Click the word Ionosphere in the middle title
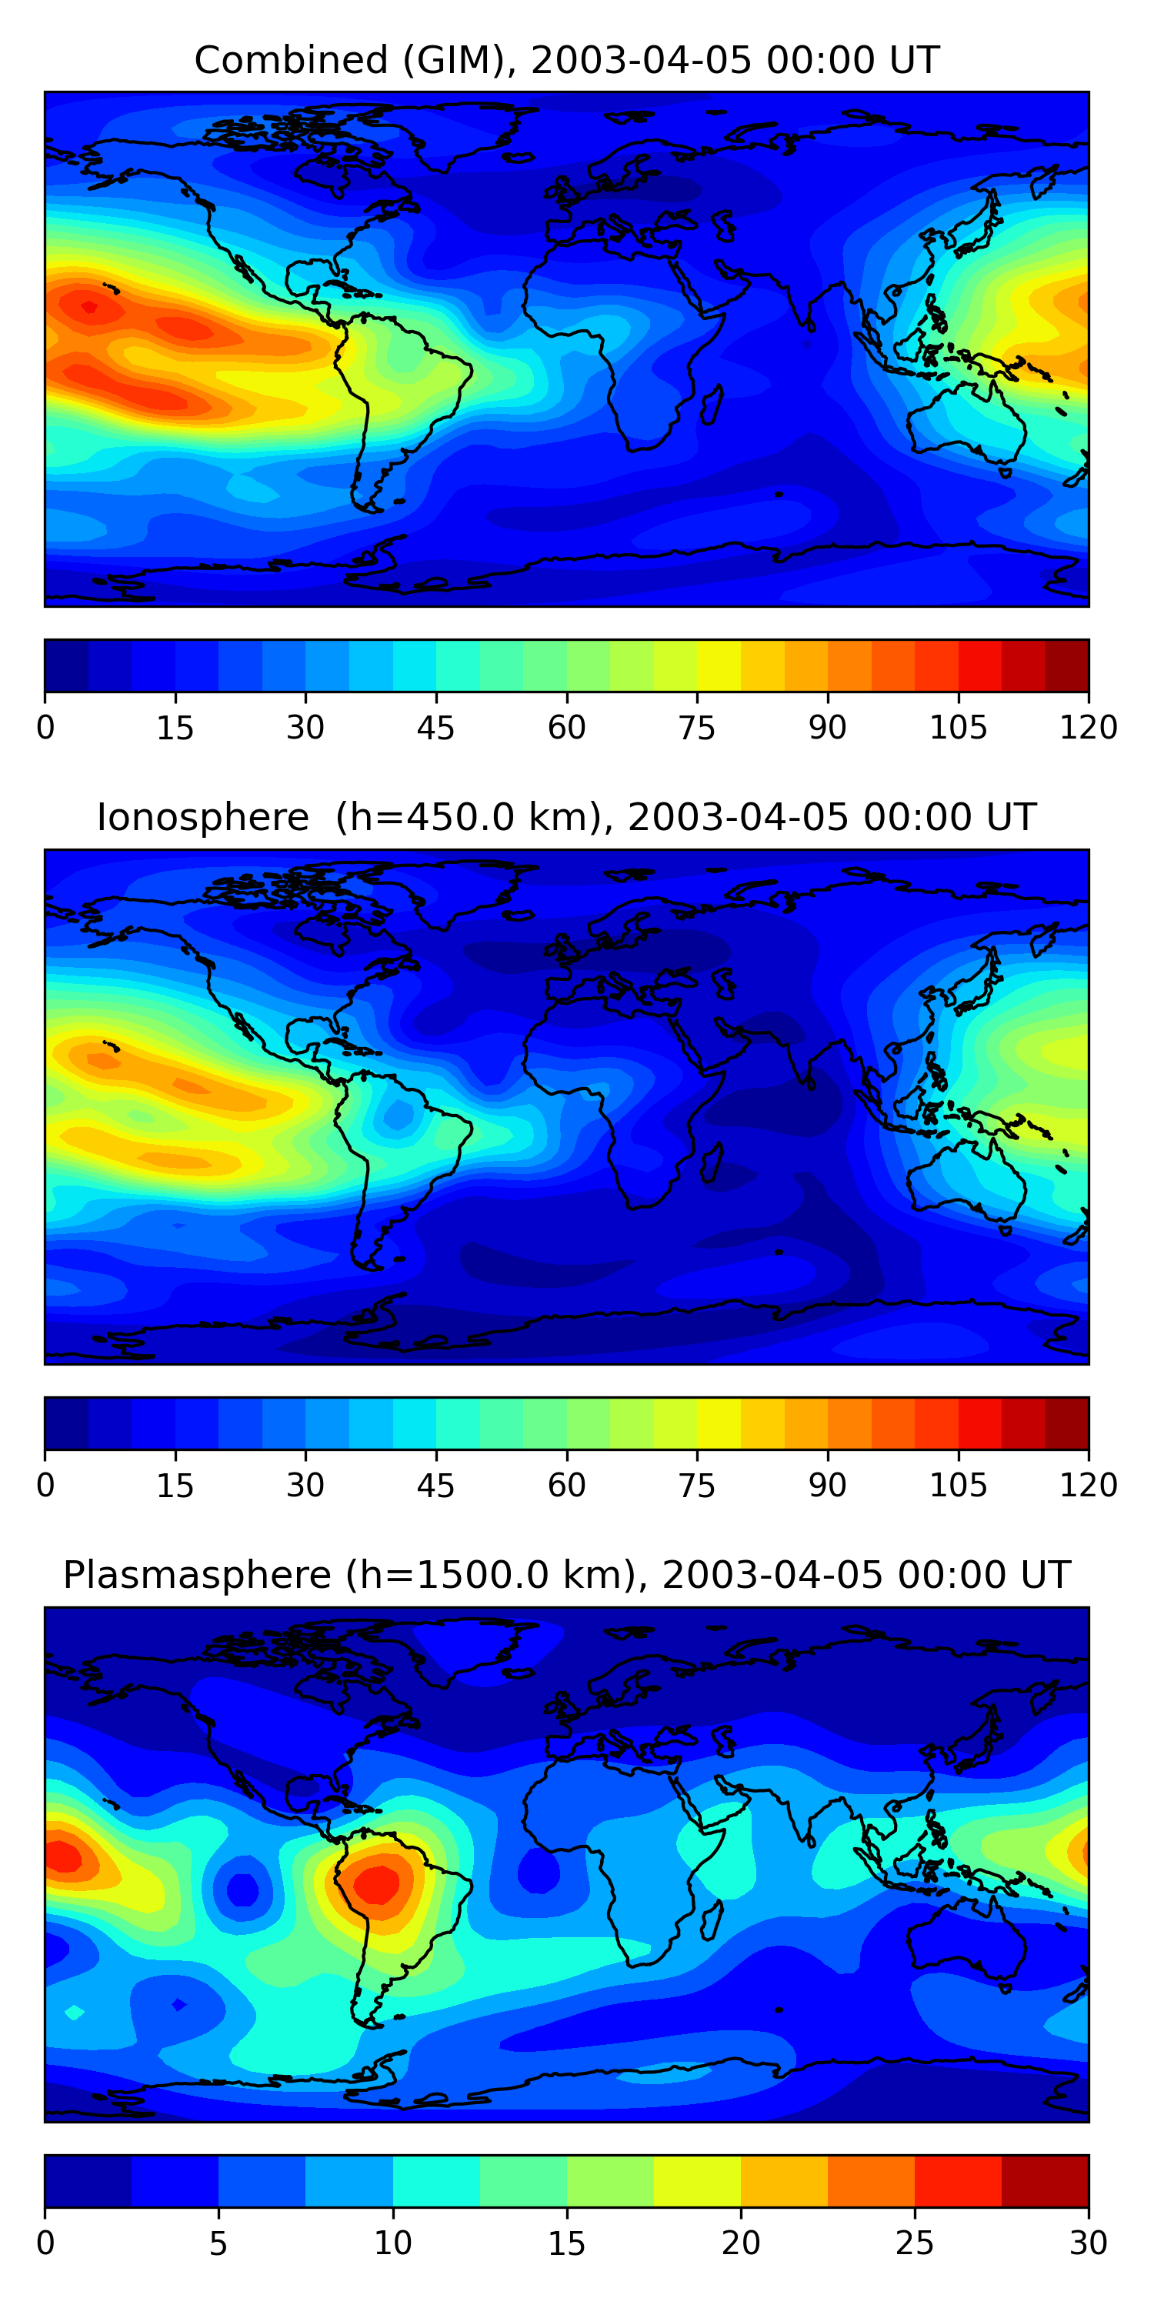[x=202, y=817]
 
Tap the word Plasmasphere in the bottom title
[x=197, y=1574]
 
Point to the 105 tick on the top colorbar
[x=958, y=726]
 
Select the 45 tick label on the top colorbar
[x=435, y=726]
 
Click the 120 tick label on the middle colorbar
[x=1088, y=1485]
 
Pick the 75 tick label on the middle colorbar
[x=697, y=1485]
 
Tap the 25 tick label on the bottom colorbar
[x=914, y=2243]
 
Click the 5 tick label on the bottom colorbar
[x=218, y=2243]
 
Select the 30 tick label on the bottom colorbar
[x=1088, y=2243]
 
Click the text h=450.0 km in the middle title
[x=468, y=817]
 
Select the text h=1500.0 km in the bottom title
[x=495, y=1574]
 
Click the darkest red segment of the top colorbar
[x=1066, y=665]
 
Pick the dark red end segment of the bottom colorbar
[x=1045, y=2181]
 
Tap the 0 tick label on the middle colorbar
[x=45, y=1485]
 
